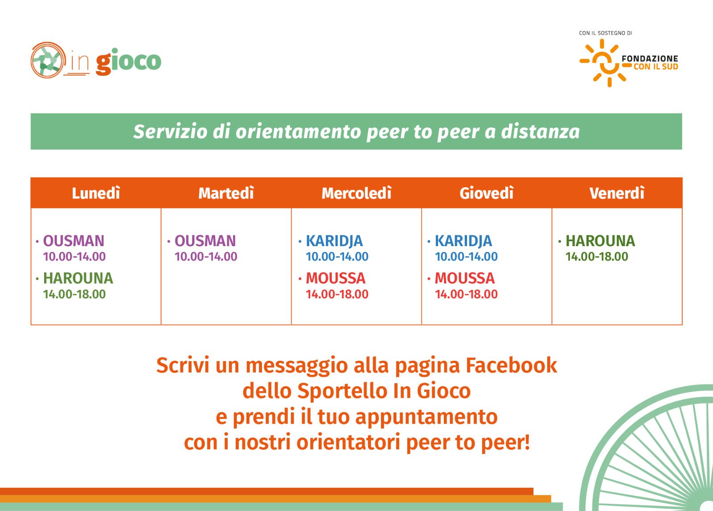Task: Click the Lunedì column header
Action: point(96,193)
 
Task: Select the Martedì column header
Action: point(226,193)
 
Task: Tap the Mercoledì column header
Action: point(356,193)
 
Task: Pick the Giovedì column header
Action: point(486,193)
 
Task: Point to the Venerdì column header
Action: point(617,193)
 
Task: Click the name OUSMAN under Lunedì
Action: point(74,241)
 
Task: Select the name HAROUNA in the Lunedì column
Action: point(78,278)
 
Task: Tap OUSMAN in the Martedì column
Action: point(205,241)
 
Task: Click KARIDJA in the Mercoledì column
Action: point(334,241)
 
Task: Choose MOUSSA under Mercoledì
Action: point(336,278)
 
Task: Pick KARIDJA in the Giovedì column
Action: point(463,241)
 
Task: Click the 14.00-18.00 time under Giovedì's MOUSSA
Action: point(466,294)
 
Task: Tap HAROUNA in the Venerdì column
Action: point(600,241)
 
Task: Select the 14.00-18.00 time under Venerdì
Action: point(597,256)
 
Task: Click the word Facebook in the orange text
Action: point(511,365)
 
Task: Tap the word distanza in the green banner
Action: point(540,132)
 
